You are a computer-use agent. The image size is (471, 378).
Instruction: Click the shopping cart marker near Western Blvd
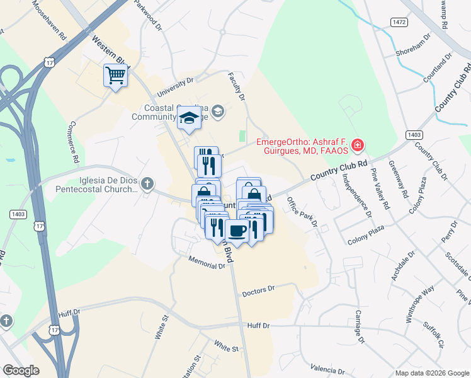point(115,76)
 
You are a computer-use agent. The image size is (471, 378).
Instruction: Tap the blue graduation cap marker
point(188,118)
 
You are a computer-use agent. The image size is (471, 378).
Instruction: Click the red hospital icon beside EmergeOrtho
point(357,146)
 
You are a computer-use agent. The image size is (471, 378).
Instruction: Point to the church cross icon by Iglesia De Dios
point(147,183)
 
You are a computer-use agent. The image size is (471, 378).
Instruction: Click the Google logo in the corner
point(21,370)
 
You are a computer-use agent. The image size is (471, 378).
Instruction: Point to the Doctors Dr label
point(259,290)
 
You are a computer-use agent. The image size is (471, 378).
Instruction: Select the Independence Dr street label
point(356,195)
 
